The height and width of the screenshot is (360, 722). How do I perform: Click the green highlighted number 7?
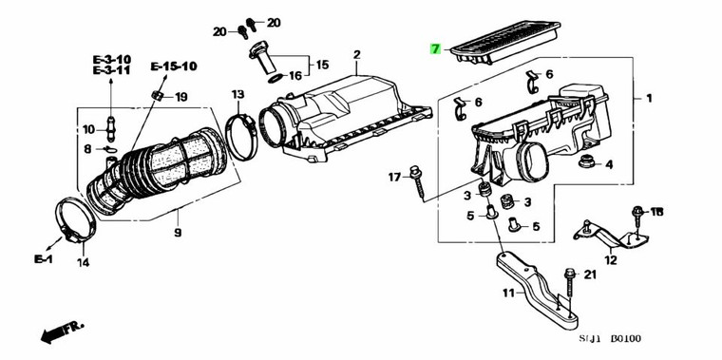(x=435, y=48)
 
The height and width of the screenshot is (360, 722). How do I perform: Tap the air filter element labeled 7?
(x=505, y=42)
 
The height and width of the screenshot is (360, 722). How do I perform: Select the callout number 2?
(x=357, y=55)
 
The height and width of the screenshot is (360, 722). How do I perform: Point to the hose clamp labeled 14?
(x=75, y=219)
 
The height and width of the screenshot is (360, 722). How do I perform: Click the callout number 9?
(x=178, y=232)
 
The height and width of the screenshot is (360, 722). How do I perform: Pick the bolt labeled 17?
(x=418, y=182)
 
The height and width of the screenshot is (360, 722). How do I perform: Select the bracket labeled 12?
(x=610, y=236)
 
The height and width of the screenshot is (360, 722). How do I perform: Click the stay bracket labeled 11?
(x=538, y=288)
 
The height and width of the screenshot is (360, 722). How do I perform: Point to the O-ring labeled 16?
(x=275, y=78)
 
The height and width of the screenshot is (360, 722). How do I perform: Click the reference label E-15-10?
(x=174, y=66)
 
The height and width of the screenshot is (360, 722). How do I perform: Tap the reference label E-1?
(x=44, y=259)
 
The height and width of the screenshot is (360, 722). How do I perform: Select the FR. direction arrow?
(x=63, y=332)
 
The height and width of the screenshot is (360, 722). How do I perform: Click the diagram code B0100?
(x=625, y=339)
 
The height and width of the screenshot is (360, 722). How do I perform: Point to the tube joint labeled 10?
(x=110, y=129)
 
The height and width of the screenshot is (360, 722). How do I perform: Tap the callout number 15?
(x=322, y=65)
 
